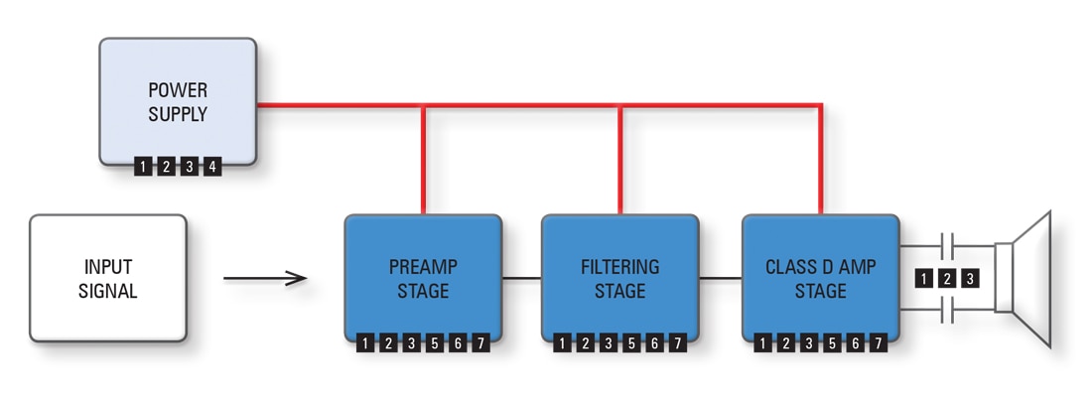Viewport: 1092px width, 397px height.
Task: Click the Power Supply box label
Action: (x=178, y=102)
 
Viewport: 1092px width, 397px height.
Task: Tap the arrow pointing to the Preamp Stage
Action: (x=265, y=278)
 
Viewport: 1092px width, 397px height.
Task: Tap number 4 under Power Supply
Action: (x=211, y=167)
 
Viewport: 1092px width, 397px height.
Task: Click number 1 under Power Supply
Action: (x=144, y=167)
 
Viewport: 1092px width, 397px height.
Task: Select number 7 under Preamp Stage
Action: (x=479, y=343)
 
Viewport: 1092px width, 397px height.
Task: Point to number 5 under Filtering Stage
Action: (x=631, y=343)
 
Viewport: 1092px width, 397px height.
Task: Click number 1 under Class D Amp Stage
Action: (x=763, y=343)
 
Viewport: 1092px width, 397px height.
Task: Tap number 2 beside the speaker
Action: (x=947, y=278)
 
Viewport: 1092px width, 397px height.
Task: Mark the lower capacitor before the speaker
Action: (x=948, y=313)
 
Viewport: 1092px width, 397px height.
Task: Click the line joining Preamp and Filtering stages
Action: (x=521, y=278)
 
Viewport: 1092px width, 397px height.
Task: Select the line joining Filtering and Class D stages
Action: (x=721, y=278)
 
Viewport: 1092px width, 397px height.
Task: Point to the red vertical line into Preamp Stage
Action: (x=424, y=159)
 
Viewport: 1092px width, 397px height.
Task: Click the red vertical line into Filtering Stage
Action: (x=620, y=159)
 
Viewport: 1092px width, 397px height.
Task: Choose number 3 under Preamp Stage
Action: (x=411, y=343)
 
